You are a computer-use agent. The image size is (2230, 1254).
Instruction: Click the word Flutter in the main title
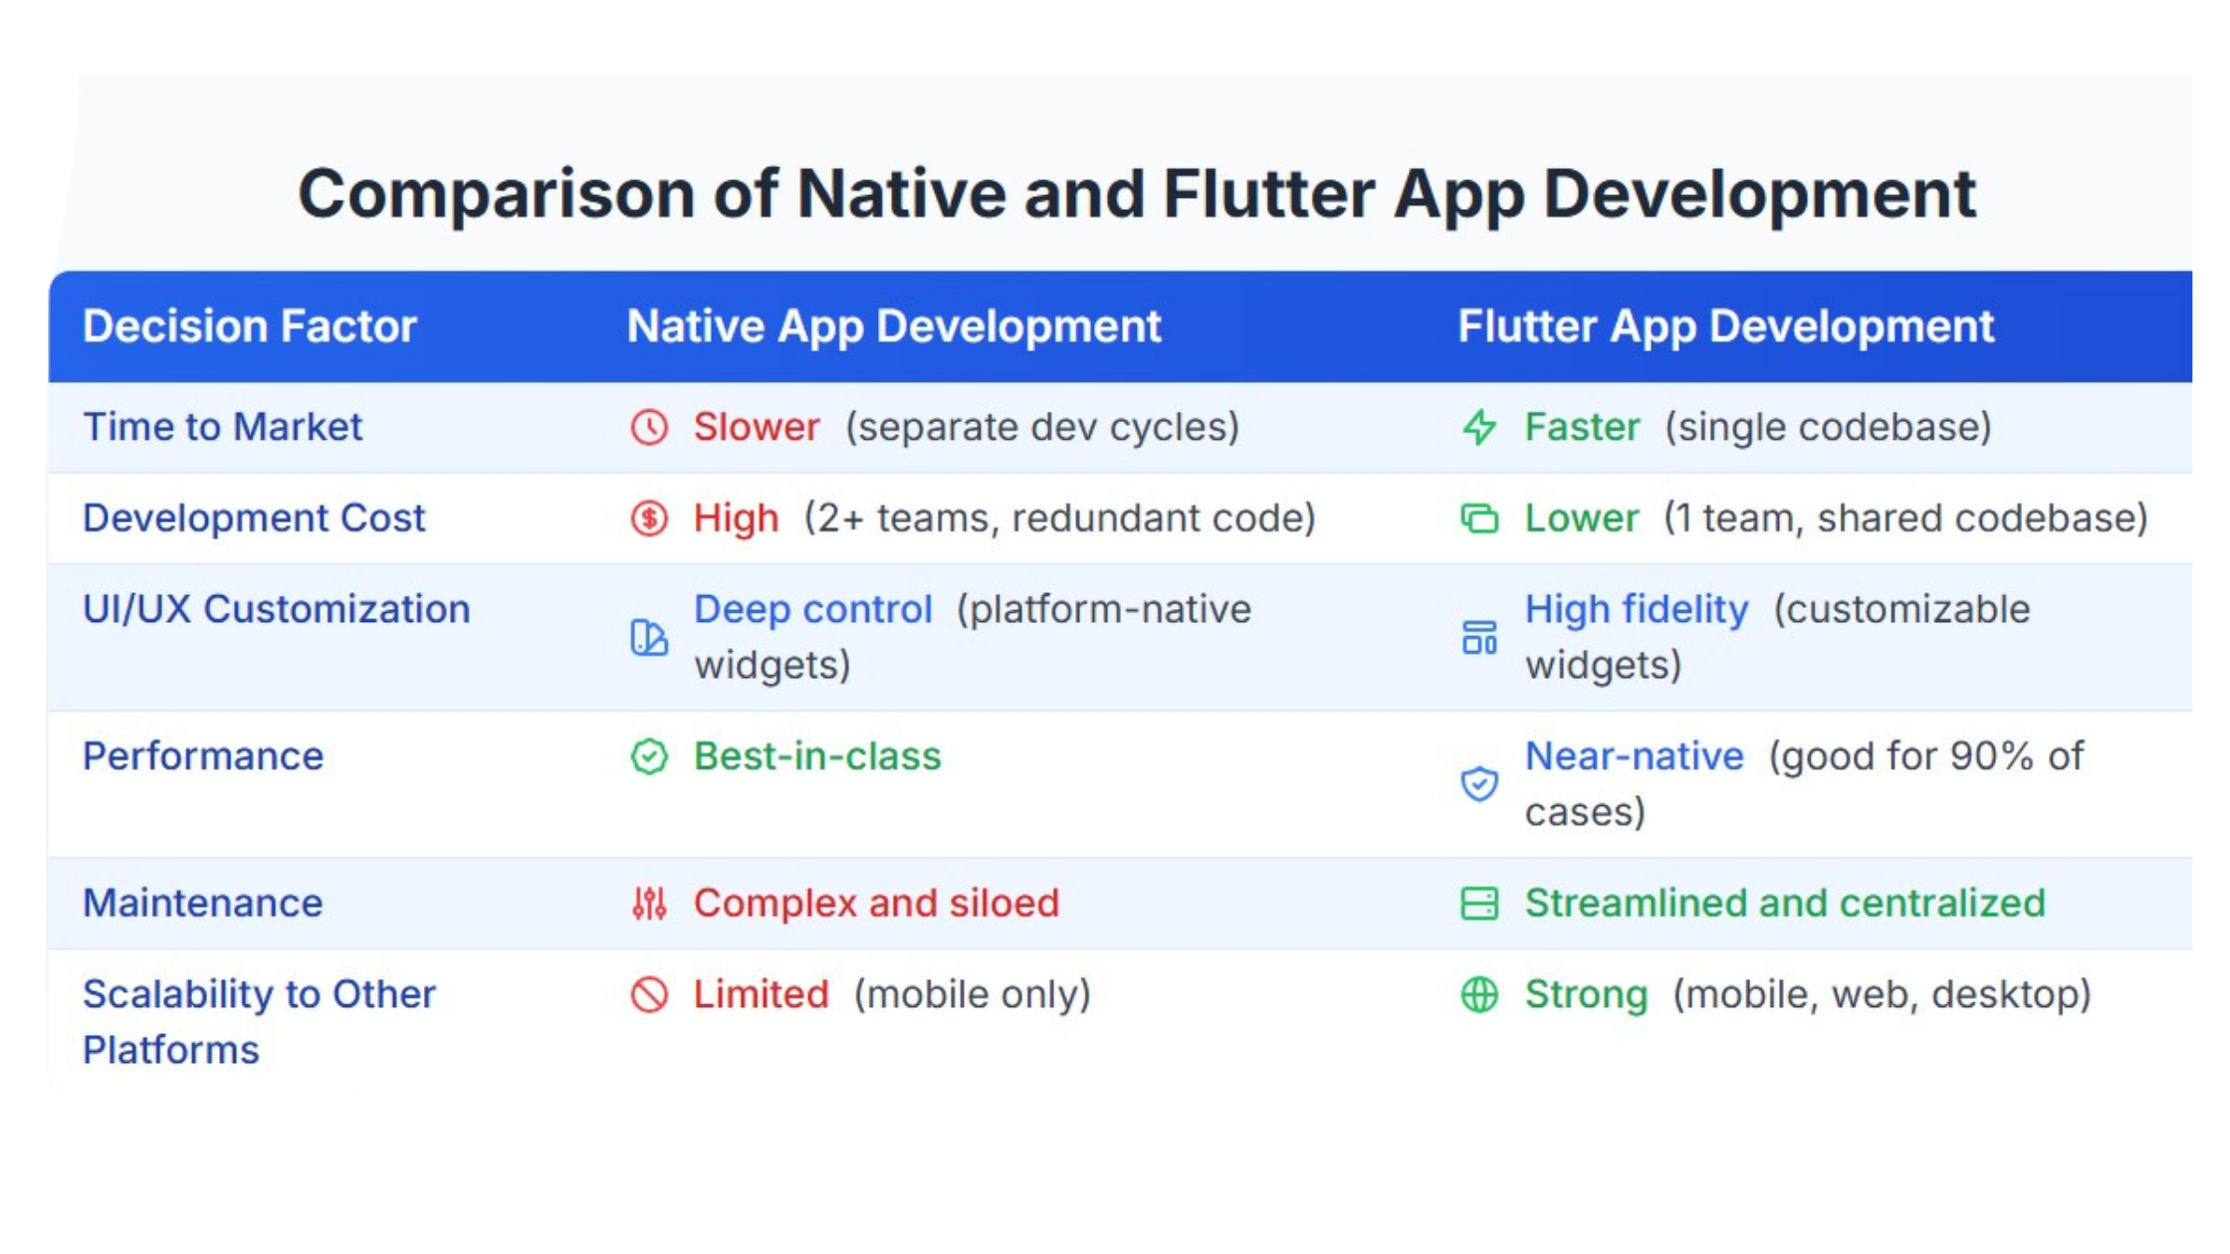click(x=1269, y=194)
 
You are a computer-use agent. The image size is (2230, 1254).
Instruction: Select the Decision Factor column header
click(x=250, y=326)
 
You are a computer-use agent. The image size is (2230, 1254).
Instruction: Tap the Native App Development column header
click(x=894, y=326)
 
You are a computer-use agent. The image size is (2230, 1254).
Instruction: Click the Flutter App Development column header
click(x=1726, y=326)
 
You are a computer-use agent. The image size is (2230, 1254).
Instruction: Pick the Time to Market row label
click(x=223, y=427)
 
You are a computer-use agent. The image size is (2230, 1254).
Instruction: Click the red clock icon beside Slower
click(x=649, y=427)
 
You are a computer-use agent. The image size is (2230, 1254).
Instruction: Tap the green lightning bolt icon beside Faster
click(x=1479, y=427)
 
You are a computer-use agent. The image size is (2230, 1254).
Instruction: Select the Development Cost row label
click(x=254, y=519)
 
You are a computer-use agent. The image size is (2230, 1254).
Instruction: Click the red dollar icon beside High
click(x=649, y=519)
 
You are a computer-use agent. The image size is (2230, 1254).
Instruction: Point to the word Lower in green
click(x=1582, y=519)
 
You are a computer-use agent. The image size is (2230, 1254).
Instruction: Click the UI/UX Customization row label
click(x=277, y=610)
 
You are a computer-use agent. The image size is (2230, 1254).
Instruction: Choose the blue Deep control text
click(x=813, y=610)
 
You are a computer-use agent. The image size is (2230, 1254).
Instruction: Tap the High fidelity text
click(x=1637, y=610)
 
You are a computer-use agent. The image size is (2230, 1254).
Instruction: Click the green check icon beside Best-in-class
click(x=649, y=756)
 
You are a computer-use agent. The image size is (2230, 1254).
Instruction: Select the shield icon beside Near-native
click(x=1479, y=783)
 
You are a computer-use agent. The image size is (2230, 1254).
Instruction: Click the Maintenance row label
click(x=203, y=904)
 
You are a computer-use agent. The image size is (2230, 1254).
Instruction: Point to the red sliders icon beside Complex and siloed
click(x=649, y=904)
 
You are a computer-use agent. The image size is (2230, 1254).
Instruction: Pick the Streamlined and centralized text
click(x=1785, y=904)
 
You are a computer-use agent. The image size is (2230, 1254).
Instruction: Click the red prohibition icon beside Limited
click(x=649, y=995)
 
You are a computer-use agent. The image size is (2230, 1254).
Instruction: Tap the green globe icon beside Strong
click(x=1479, y=995)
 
